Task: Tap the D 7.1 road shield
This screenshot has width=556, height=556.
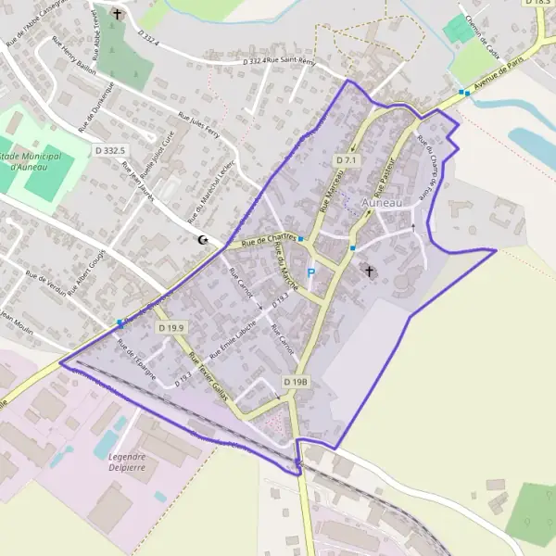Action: tap(346, 160)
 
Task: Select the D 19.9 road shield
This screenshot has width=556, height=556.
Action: tap(171, 328)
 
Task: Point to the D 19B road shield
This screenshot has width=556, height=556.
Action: tap(295, 382)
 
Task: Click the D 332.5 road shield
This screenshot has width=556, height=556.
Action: tap(109, 149)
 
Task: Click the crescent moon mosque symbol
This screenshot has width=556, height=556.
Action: tap(202, 240)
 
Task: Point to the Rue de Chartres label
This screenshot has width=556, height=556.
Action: tap(268, 240)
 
